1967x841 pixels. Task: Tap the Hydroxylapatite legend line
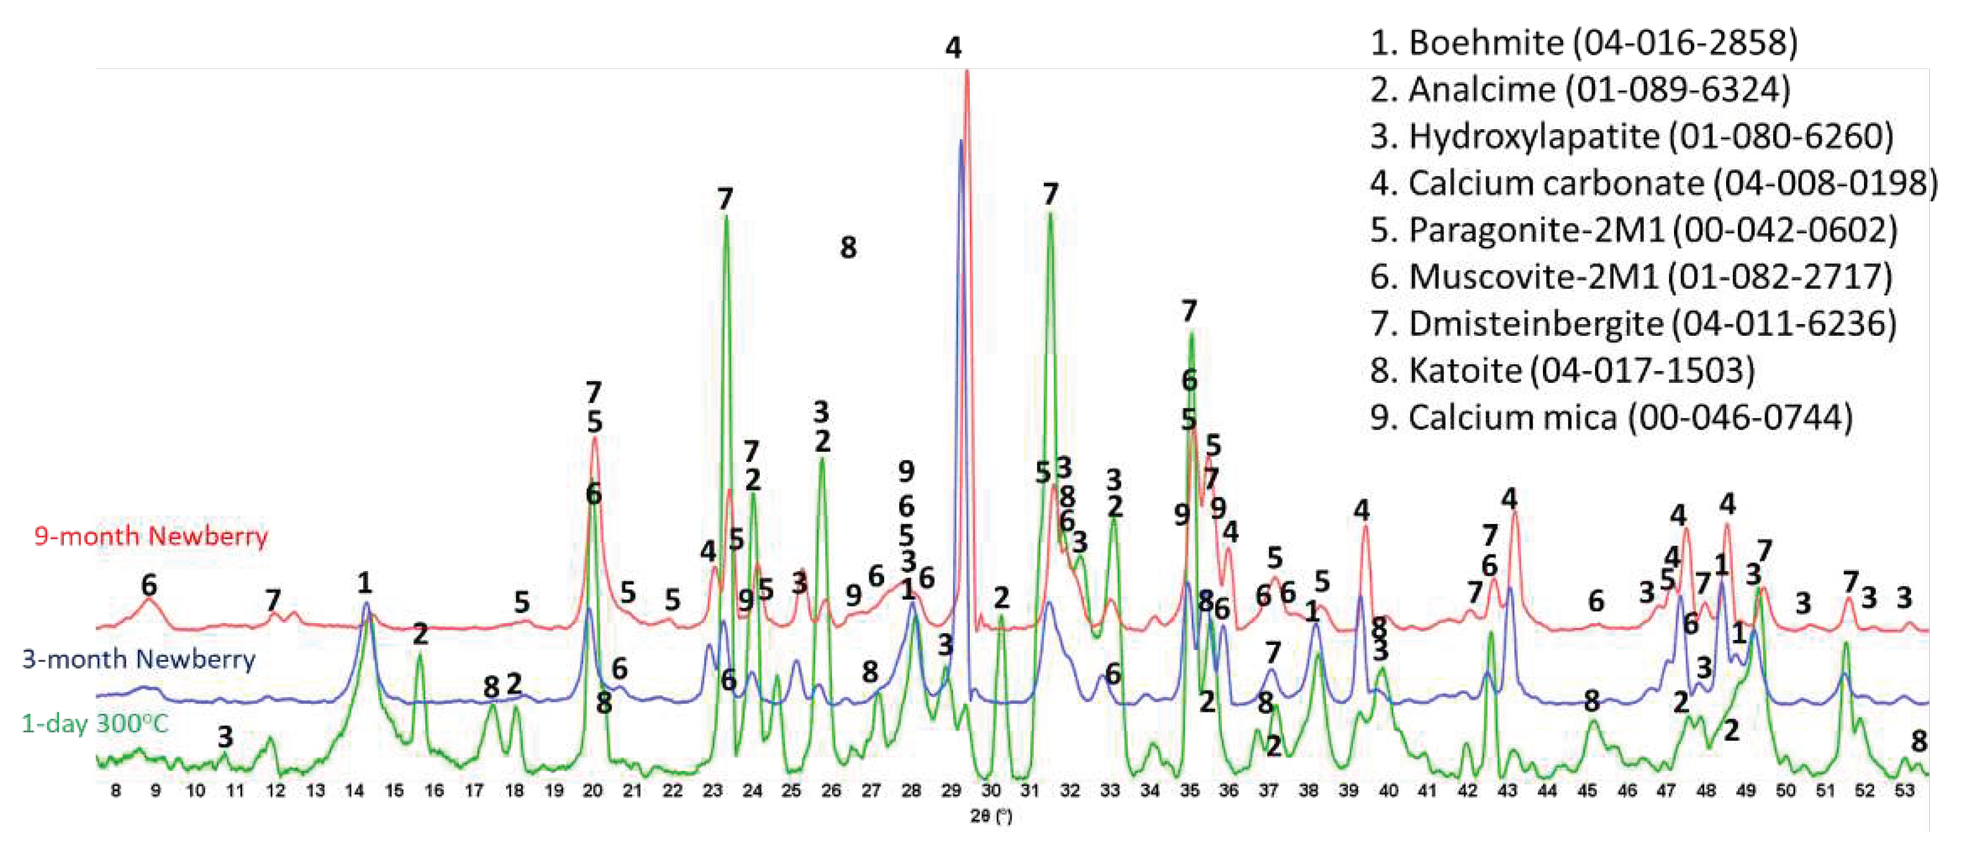click(x=1631, y=137)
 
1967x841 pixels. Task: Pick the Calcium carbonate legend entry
click(x=1653, y=184)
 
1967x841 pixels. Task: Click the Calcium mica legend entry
click(x=1611, y=418)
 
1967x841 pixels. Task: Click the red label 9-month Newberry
click(x=150, y=536)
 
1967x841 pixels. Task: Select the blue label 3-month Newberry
click(x=138, y=659)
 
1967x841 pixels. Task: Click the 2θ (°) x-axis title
click(x=990, y=817)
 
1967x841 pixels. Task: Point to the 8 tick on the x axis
click(x=115, y=791)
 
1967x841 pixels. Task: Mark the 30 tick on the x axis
click(x=990, y=791)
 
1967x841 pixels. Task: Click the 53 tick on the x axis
click(x=1904, y=791)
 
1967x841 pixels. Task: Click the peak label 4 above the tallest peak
click(x=953, y=48)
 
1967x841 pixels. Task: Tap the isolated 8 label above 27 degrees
click(x=848, y=247)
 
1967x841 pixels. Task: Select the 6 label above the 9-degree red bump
click(x=149, y=585)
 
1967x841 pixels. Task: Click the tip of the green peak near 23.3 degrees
click(x=725, y=218)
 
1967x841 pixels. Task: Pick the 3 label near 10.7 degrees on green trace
click(x=225, y=737)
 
